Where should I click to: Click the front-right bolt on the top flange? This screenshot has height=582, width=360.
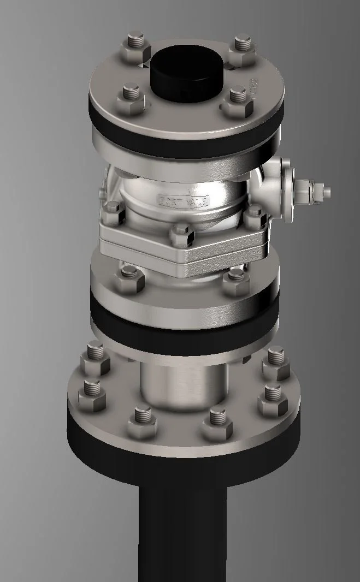238,100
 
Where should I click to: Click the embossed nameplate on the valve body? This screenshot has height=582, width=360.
183,199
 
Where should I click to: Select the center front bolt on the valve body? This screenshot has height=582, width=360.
181,235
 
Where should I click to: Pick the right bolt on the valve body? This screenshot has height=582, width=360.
255,216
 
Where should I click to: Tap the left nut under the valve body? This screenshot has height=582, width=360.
130,277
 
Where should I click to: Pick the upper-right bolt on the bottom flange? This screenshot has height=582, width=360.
276,363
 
